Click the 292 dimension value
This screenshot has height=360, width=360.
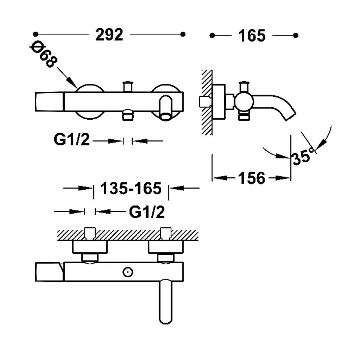click(109, 35)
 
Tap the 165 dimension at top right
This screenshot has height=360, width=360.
click(252, 36)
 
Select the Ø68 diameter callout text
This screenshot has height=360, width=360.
click(44, 54)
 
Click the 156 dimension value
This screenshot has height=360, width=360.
click(252, 178)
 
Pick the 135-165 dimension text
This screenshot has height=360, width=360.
click(131, 188)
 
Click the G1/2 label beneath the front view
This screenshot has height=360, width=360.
click(71, 139)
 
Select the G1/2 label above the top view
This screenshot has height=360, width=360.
click(147, 212)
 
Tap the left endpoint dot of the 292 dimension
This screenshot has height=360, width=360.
click(35, 34)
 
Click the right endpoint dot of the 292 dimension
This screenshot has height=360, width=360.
click(183, 34)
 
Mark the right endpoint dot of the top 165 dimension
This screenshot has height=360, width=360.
click(296, 35)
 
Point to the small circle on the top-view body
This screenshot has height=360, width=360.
click(128, 272)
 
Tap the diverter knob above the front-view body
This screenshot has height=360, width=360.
click(128, 86)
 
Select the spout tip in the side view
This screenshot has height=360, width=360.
click(290, 116)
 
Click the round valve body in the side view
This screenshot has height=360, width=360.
click(244, 102)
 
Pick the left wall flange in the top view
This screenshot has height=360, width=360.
click(90, 247)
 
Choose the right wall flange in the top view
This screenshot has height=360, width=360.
click(166, 247)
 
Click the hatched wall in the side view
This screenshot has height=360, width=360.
click(206, 102)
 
